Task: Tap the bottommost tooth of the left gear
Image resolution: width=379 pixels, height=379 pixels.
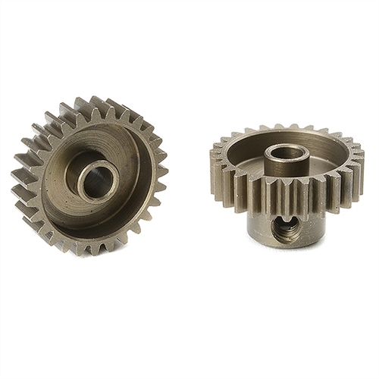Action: point(90,247)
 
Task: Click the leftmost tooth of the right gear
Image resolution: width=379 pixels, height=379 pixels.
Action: point(215,163)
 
